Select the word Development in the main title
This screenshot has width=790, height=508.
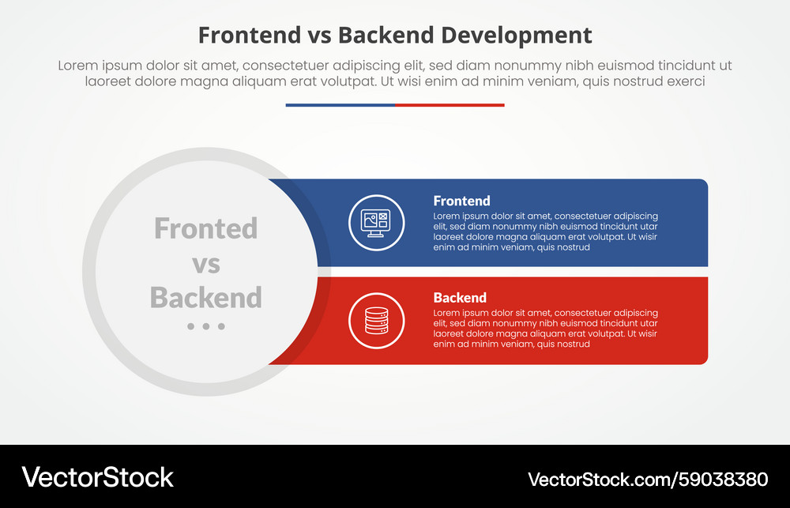pyautogui.click(x=517, y=35)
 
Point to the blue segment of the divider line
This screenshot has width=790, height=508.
pyautogui.click(x=340, y=104)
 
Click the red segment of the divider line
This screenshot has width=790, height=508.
pyautogui.click(x=450, y=104)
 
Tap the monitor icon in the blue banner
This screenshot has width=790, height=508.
pyautogui.click(x=376, y=222)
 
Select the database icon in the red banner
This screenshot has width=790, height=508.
pyautogui.click(x=376, y=320)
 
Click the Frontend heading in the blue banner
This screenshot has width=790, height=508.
pyautogui.click(x=461, y=201)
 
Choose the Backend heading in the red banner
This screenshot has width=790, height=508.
pyautogui.click(x=460, y=298)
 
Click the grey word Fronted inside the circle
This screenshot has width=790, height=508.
pyautogui.click(x=205, y=228)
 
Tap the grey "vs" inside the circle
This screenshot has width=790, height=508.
pyautogui.click(x=205, y=263)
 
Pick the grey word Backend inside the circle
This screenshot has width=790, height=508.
pyautogui.click(x=205, y=298)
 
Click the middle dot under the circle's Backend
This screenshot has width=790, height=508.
pyautogui.click(x=206, y=326)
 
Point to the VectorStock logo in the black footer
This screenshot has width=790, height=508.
pyautogui.click(x=97, y=476)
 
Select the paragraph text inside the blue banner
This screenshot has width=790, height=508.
pyautogui.click(x=545, y=231)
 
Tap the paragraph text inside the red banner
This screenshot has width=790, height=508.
pyautogui.click(x=545, y=329)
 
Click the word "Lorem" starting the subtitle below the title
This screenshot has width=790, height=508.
pyautogui.click(x=78, y=66)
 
